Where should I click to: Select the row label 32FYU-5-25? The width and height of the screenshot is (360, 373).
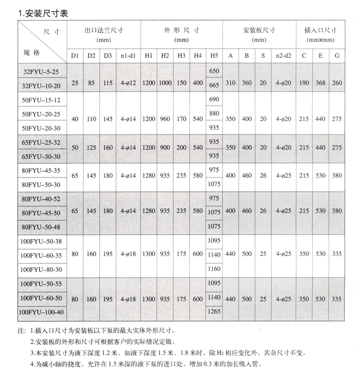[41, 70]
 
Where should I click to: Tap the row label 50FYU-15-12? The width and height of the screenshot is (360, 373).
[41, 99]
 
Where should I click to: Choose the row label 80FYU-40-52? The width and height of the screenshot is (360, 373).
[41, 199]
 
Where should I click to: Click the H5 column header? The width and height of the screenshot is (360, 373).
[214, 56]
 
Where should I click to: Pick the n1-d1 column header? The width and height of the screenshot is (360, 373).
[128, 56]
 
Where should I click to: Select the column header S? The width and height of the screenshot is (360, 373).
[263, 56]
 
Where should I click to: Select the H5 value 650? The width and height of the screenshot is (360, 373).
[214, 70]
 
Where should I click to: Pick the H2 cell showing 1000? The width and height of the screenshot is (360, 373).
[165, 83]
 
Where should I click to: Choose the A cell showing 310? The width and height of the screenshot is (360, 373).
[230, 83]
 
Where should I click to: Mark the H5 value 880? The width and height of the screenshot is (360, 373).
[214, 113]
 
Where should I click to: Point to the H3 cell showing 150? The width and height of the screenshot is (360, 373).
[182, 83]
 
